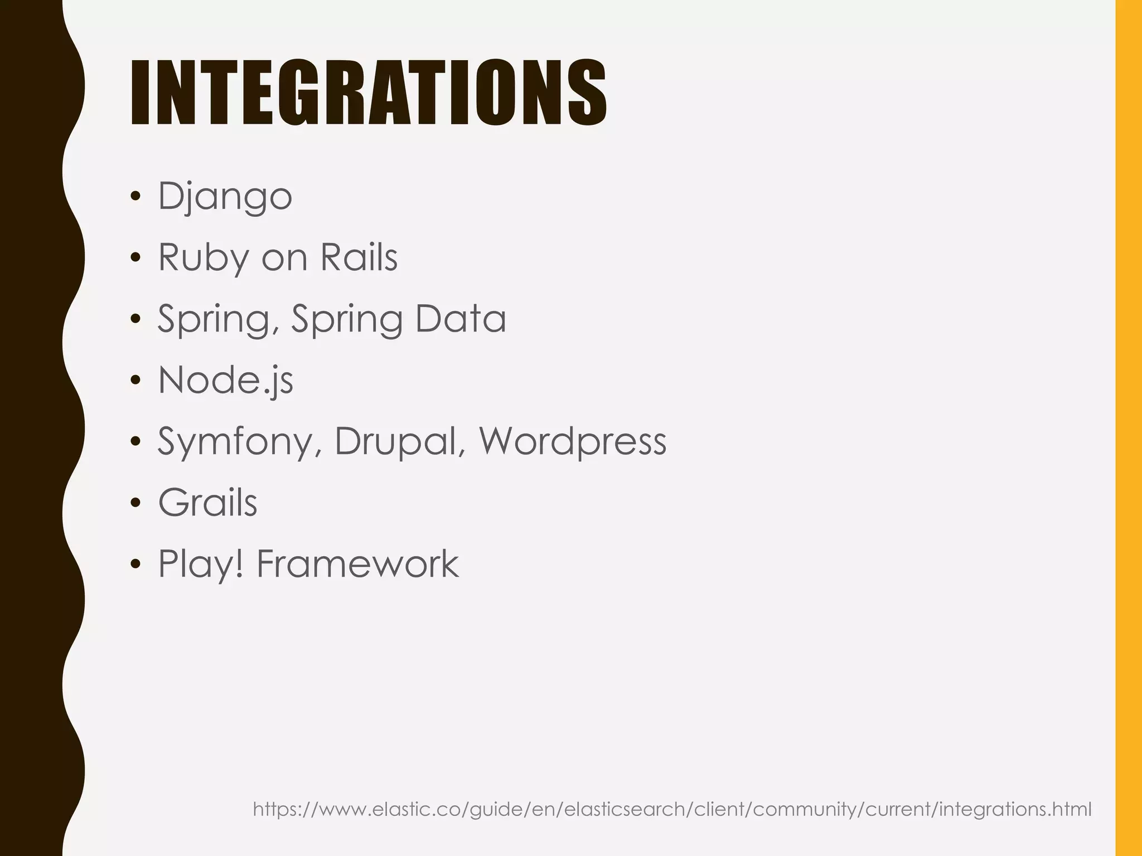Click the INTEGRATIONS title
tap(368, 93)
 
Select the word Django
tap(225, 196)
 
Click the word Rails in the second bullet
tap(359, 257)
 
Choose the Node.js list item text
tap(225, 380)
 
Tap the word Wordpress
tap(573, 441)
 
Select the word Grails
tap(207, 503)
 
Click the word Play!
tap(201, 564)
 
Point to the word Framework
tap(357, 564)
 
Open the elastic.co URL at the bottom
tap(672, 809)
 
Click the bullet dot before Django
tap(135, 197)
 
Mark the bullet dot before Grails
tap(135, 504)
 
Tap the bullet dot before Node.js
tap(135, 381)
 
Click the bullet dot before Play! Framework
tap(135, 565)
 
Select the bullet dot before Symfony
tap(135, 442)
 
